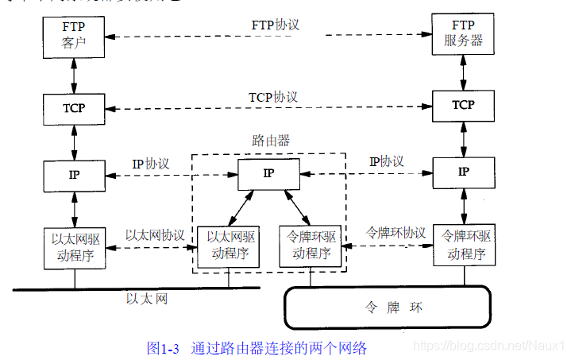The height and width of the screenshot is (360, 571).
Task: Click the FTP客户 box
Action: [x=74, y=36]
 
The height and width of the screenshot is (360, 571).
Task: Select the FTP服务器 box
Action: [x=463, y=34]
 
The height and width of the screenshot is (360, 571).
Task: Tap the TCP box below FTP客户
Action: [x=74, y=107]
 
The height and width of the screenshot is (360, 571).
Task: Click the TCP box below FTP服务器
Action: [x=463, y=105]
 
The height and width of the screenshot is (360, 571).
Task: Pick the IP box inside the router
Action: [x=269, y=173]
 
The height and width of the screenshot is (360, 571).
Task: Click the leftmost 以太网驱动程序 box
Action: [x=74, y=246]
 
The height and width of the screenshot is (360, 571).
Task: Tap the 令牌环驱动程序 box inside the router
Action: [x=311, y=246]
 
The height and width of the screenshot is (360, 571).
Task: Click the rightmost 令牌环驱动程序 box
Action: [x=464, y=245]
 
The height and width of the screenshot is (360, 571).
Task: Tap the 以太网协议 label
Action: [x=155, y=235]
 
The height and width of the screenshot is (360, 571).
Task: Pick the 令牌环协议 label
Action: [x=395, y=233]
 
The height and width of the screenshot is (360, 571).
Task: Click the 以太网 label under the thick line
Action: [x=147, y=299]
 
